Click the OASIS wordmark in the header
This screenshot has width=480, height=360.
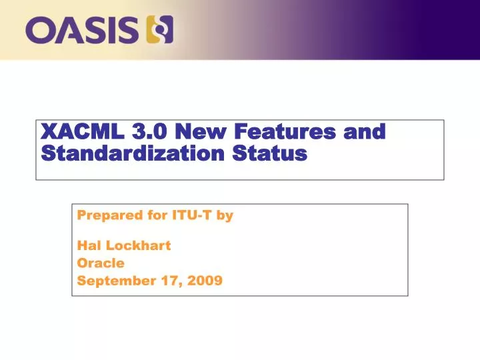pyautogui.click(x=81, y=30)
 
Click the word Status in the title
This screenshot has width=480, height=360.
pyautogui.click(x=269, y=154)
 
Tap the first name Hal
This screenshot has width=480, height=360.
pyautogui.click(x=88, y=245)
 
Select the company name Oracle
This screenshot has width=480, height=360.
pyautogui.click(x=101, y=263)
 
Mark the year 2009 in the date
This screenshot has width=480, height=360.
pyautogui.click(x=205, y=281)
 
